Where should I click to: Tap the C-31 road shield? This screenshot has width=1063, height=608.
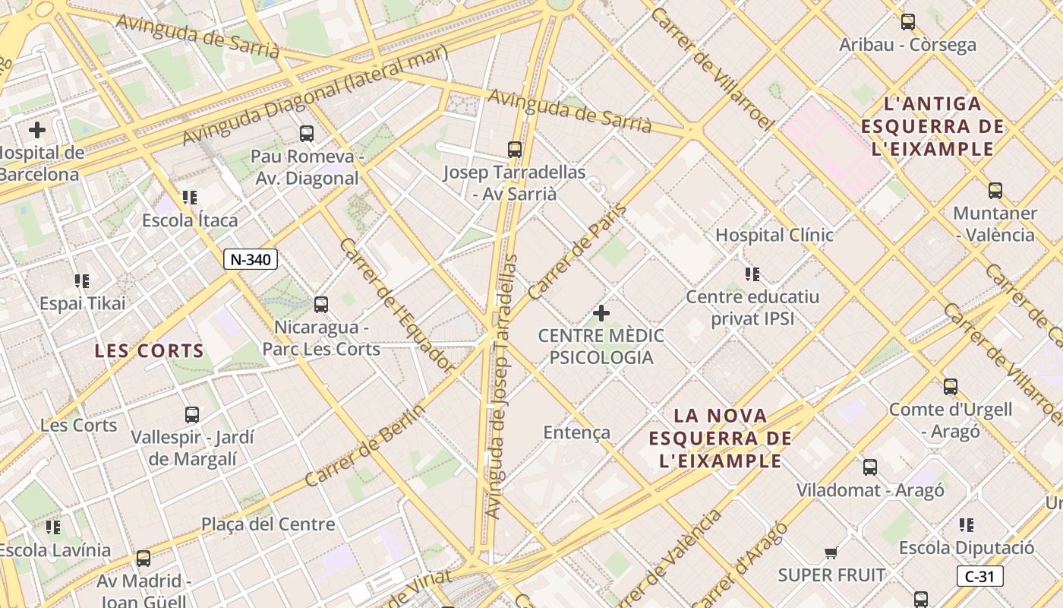979,576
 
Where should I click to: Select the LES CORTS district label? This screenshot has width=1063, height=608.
150,351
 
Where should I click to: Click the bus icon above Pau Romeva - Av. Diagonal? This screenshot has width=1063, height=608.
307,134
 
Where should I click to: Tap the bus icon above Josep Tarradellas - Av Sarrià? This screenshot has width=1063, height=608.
515,150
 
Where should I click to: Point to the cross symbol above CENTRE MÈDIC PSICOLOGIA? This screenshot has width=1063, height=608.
601,312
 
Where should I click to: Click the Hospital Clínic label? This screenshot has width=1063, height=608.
774,235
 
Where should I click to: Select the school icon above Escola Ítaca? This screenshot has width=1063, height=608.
190,198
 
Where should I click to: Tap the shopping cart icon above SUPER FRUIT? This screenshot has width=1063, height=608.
831,553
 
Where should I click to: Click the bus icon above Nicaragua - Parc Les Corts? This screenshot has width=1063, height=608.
321,305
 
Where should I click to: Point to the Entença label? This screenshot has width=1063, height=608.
577,432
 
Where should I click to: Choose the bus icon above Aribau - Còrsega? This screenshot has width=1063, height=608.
907,22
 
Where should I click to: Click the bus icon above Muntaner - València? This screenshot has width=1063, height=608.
995,191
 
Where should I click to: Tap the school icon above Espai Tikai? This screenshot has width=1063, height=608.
82,281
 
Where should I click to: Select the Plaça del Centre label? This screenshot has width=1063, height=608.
268,524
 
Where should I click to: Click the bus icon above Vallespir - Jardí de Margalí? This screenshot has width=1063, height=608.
192,415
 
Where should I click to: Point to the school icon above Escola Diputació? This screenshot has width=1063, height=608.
966,524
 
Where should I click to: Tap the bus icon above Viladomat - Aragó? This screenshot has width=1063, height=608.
870,467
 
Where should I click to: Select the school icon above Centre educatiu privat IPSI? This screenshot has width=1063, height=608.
752,274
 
